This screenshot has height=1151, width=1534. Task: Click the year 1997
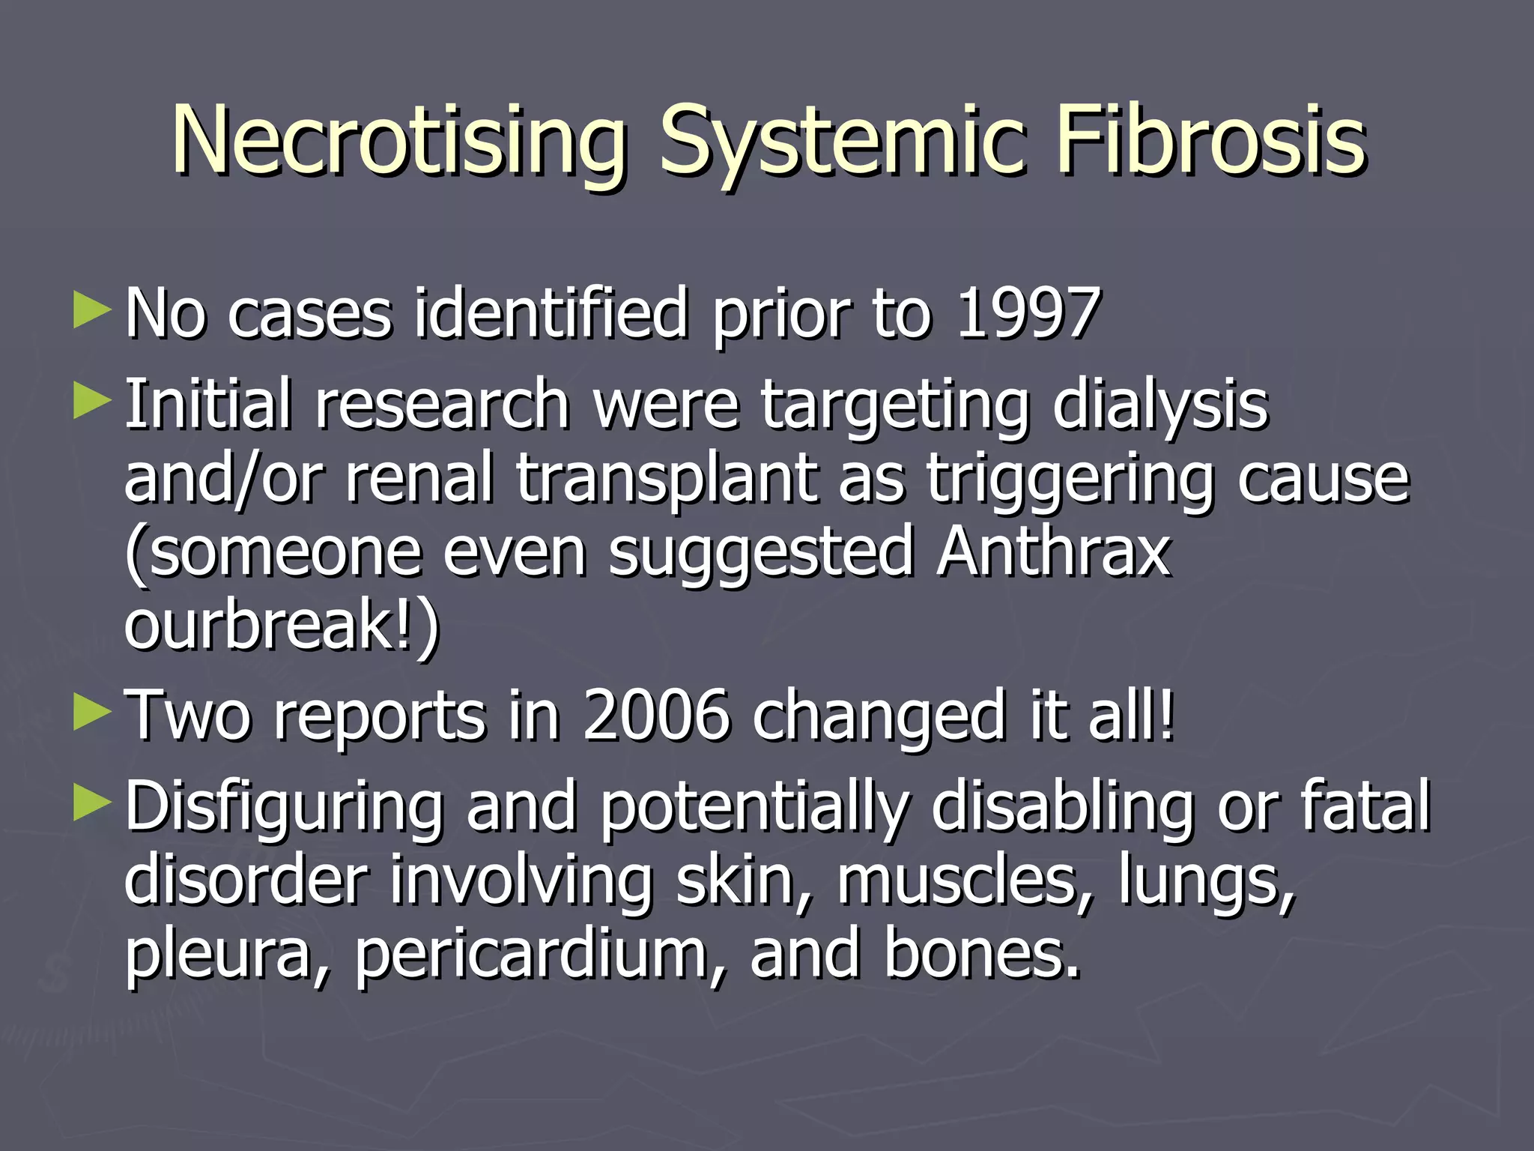click(1028, 313)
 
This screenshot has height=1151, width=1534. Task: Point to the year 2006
click(656, 716)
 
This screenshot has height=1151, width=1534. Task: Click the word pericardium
click(531, 955)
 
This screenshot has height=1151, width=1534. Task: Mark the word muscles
click(965, 880)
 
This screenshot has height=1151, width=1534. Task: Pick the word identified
click(551, 313)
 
